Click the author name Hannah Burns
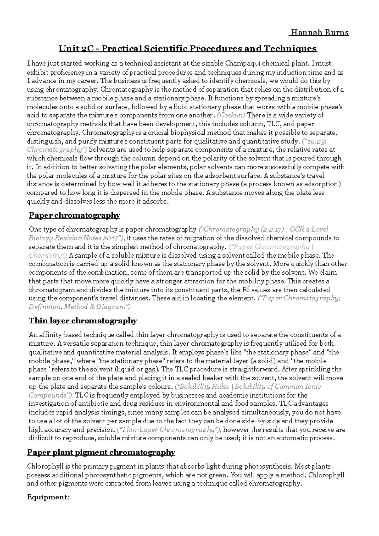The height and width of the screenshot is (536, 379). click(x=319, y=33)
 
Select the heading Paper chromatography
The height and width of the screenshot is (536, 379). click(x=74, y=215)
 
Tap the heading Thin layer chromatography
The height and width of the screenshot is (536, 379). click(x=83, y=321)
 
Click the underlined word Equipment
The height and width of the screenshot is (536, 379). click(x=48, y=497)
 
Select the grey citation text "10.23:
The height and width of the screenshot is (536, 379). click(x=315, y=141)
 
